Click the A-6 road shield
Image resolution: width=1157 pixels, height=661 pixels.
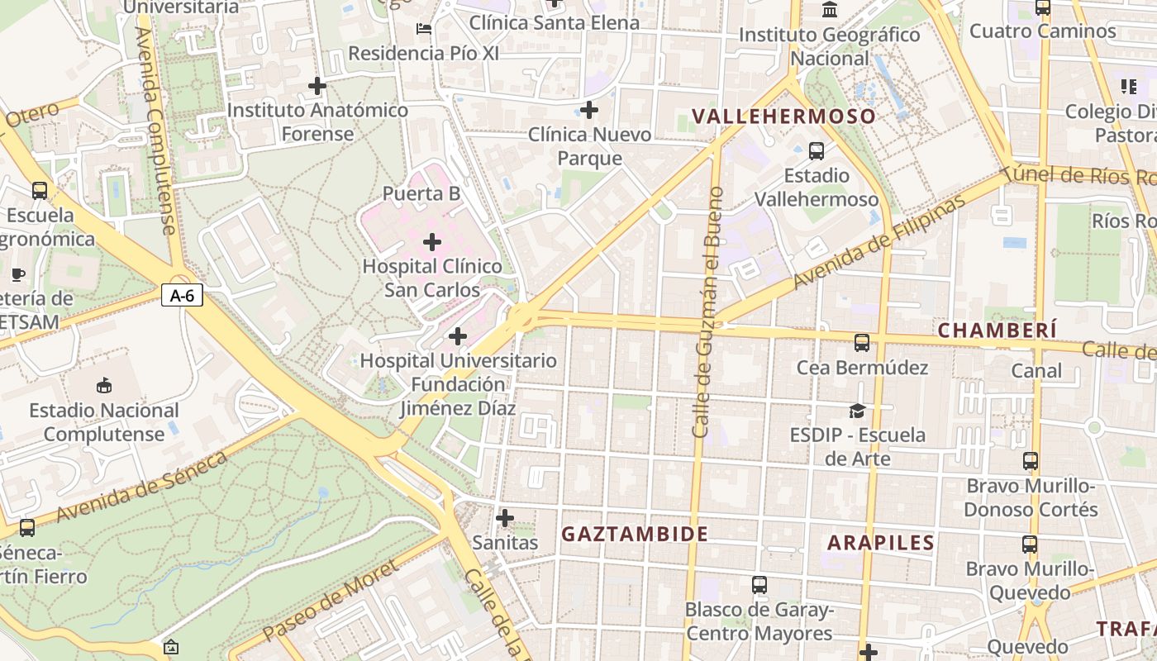click(x=182, y=295)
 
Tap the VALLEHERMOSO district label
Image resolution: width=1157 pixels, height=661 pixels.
click(x=783, y=117)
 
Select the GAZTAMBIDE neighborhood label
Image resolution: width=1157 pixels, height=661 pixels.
click(x=635, y=535)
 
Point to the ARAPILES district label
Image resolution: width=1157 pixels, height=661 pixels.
click(x=880, y=543)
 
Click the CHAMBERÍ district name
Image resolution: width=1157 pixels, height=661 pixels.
click(x=997, y=330)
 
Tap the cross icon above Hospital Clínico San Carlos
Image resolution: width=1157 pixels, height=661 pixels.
click(x=432, y=242)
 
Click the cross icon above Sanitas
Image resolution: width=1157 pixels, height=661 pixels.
click(x=505, y=518)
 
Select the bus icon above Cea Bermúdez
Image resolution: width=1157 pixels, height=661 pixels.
click(x=862, y=342)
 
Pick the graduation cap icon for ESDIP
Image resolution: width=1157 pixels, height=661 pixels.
click(x=858, y=411)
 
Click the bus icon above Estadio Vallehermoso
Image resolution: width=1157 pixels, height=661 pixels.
click(x=817, y=151)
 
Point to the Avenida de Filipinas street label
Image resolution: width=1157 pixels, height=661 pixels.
click(x=878, y=242)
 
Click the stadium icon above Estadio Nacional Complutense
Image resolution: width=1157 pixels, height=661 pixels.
click(x=104, y=385)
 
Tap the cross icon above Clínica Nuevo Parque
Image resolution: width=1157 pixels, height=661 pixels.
click(x=589, y=109)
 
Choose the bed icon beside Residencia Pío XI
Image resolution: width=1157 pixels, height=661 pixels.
click(x=424, y=29)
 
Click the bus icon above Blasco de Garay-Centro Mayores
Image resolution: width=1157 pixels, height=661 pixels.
click(x=759, y=585)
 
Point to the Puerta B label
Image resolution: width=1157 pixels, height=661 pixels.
click(x=421, y=193)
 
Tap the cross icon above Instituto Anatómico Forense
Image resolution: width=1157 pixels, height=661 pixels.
click(x=317, y=85)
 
